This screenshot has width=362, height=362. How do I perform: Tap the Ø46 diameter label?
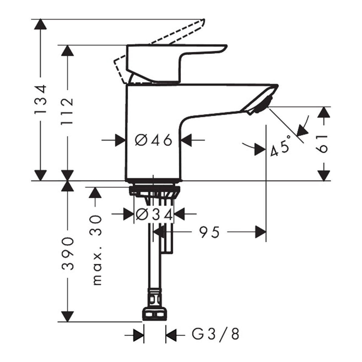pyautogui.click(x=154, y=140)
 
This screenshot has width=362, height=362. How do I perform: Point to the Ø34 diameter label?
pyautogui.click(x=154, y=214)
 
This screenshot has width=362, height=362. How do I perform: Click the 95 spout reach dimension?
pyautogui.click(x=209, y=232)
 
